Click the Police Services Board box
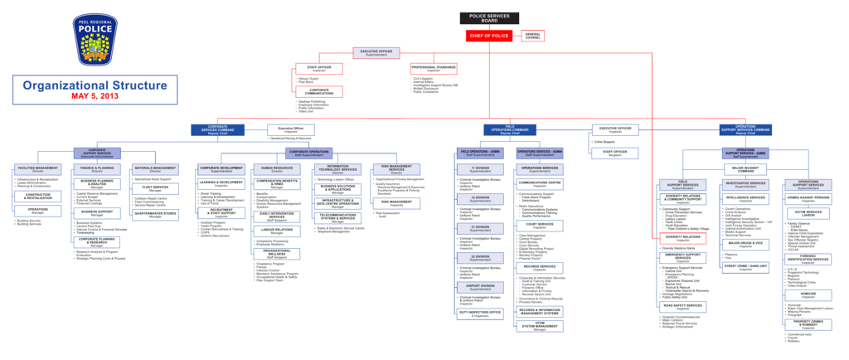[489, 17]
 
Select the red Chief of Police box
[489, 36]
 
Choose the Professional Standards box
[434, 67]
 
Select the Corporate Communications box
[319, 91]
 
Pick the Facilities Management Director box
[37, 169]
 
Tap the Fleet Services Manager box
[151, 187]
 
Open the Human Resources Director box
[277, 169]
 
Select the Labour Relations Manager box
[277, 231]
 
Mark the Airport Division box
[480, 286]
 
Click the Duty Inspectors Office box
[480, 313]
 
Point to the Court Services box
[540, 224]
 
